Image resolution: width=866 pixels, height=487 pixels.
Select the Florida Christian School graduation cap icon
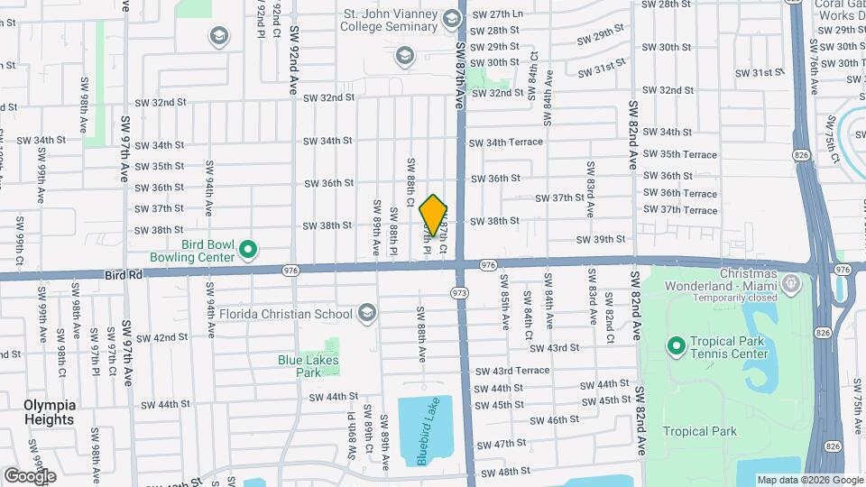(x=366, y=314)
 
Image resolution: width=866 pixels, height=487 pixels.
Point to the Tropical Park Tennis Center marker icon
(x=676, y=346)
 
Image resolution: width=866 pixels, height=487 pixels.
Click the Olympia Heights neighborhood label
(x=50, y=412)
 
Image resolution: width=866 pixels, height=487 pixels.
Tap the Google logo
(x=30, y=475)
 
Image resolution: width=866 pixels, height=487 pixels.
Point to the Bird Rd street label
(x=124, y=271)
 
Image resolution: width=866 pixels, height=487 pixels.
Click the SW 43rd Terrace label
(x=519, y=371)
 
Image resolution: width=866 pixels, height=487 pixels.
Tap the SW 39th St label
(x=602, y=239)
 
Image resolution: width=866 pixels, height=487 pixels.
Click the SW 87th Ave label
(x=460, y=77)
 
